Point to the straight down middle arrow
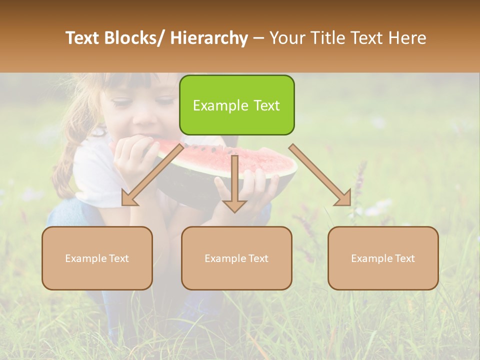234,183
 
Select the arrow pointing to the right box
320,174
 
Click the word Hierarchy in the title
209,38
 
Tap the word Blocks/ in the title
134,38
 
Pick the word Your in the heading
287,38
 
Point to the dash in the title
258,38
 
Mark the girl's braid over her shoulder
65,165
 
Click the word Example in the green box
214,105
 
